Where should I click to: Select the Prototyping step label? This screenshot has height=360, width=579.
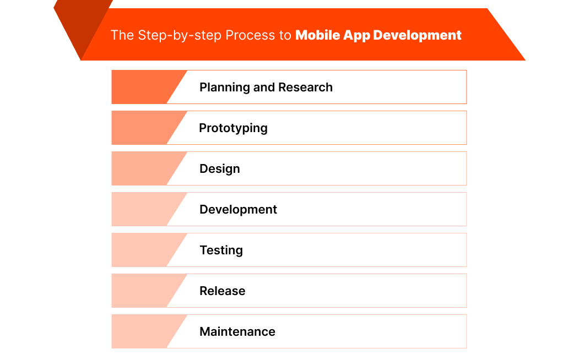[233, 128]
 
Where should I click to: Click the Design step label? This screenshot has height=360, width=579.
[219, 169]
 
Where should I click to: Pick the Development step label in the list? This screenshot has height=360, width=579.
[238, 210]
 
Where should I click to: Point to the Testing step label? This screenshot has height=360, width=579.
[221, 250]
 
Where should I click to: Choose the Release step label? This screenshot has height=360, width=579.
[222, 291]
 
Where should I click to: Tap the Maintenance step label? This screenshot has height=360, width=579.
[237, 332]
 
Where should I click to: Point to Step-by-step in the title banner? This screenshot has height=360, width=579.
[174, 35]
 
